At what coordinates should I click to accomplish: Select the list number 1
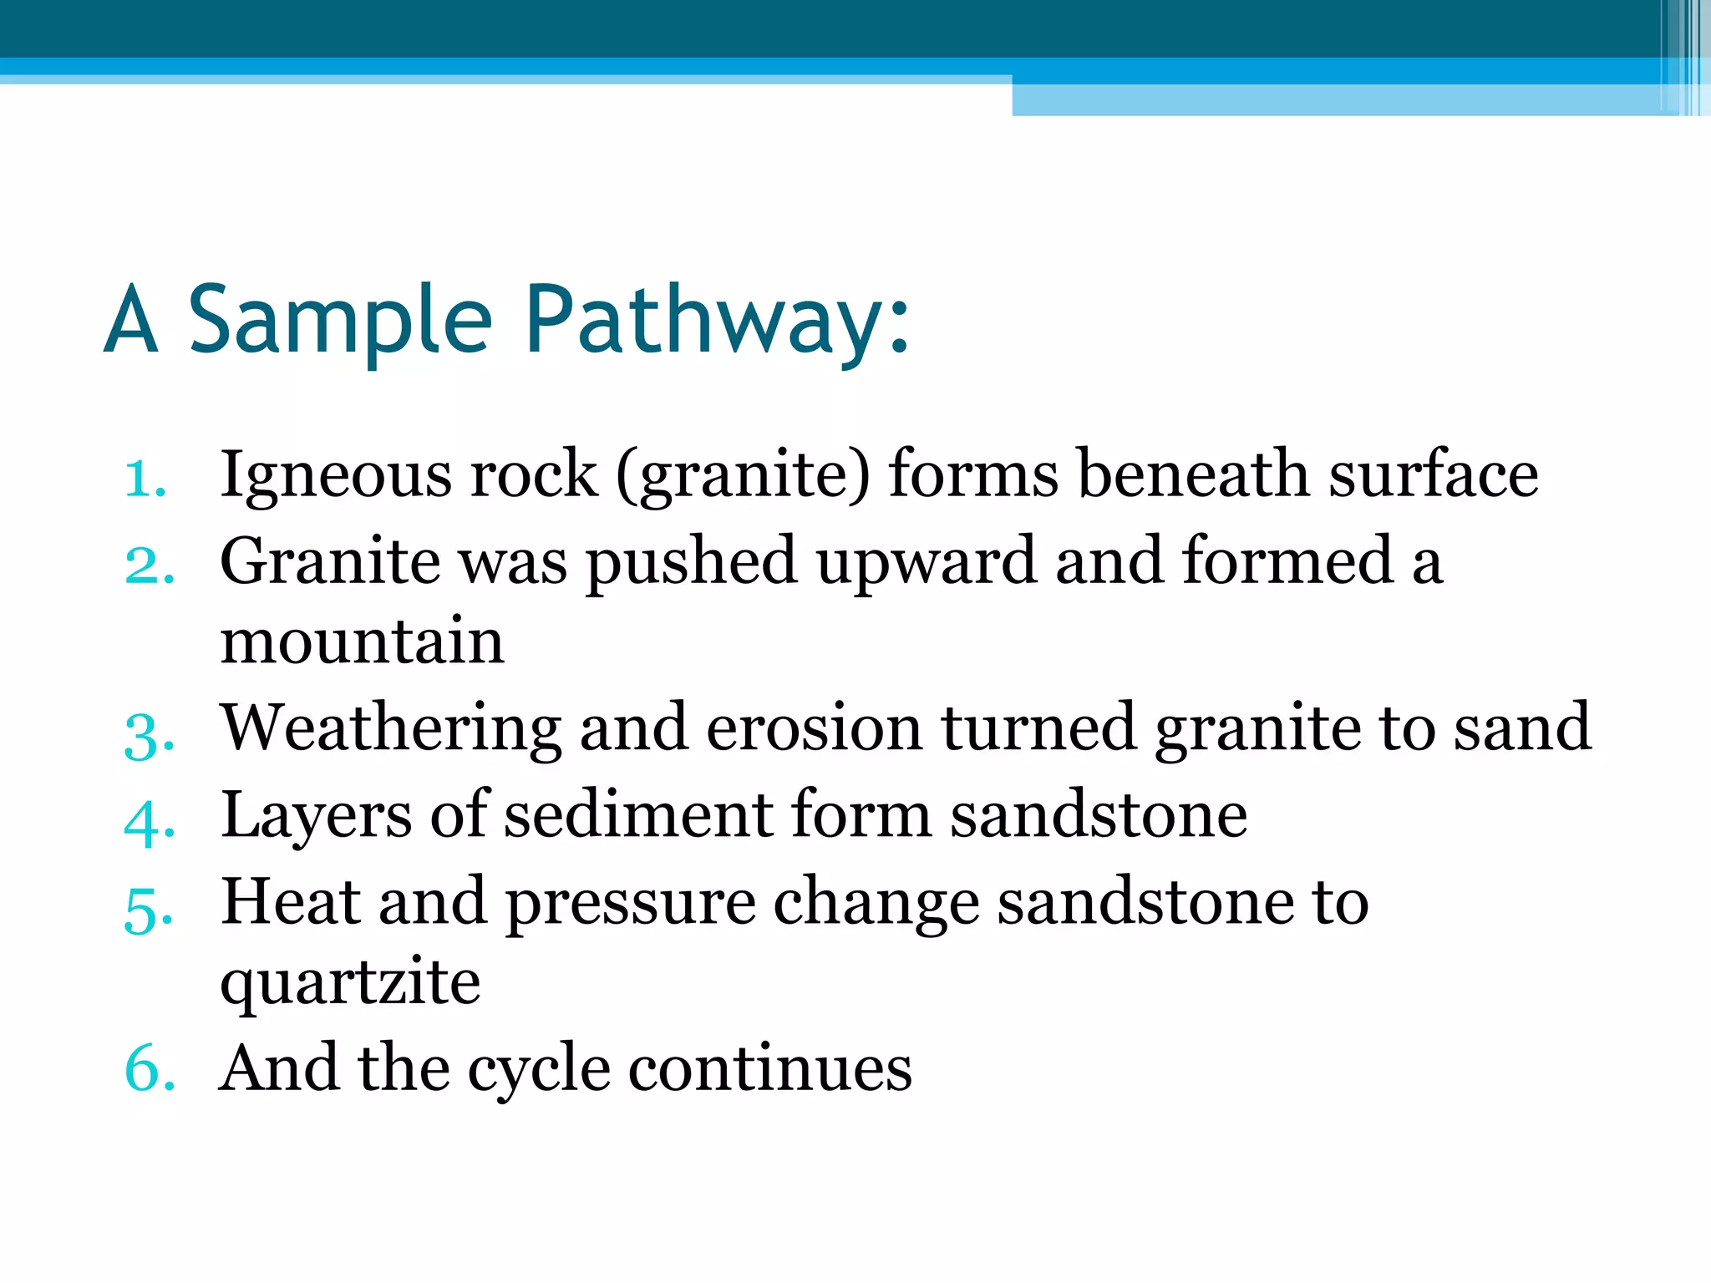pyautogui.click(x=145, y=479)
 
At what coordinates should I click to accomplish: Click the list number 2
pyautogui.click(x=150, y=565)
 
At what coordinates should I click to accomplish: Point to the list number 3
pyautogui.click(x=150, y=736)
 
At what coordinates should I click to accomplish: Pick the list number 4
pyautogui.click(x=150, y=822)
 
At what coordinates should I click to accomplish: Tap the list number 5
pyautogui.click(x=150, y=909)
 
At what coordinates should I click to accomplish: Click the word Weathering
pyautogui.click(x=391, y=728)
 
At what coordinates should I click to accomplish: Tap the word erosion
pyautogui.click(x=814, y=728)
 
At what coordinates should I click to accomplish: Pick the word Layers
pyautogui.click(x=316, y=816)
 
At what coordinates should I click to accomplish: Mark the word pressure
pyautogui.click(x=630, y=905)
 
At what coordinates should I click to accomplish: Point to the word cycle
pyautogui.click(x=538, y=1070)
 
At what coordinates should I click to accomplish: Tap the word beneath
pyautogui.click(x=1193, y=474)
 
